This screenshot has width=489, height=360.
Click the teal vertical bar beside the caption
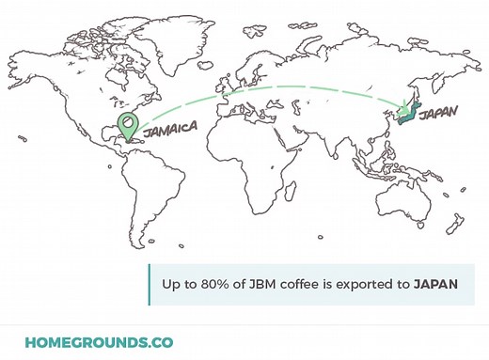[x=149, y=283]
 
